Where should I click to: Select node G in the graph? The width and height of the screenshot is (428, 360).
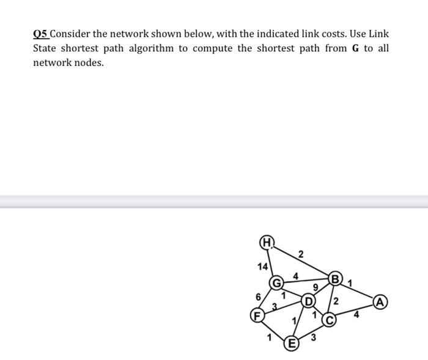[277, 284]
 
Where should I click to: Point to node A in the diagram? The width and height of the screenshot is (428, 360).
[381, 302]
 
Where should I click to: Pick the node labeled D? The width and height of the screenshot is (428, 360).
[309, 301]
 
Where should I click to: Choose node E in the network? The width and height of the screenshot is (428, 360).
[292, 343]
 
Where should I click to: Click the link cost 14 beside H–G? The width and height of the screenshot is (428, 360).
[262, 266]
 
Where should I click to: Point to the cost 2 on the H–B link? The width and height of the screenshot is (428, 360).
[301, 253]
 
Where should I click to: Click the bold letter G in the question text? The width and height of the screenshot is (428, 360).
[355, 48]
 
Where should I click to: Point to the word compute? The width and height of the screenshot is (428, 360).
[212, 48]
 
